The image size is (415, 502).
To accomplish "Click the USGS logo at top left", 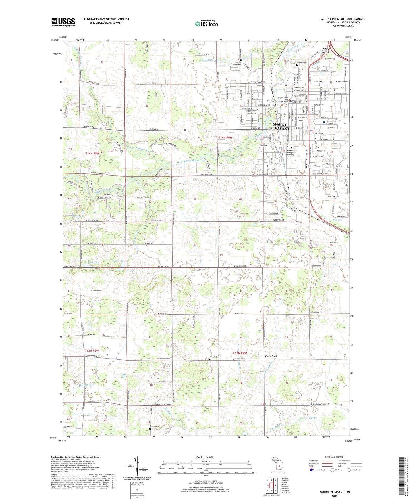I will [x=63, y=22].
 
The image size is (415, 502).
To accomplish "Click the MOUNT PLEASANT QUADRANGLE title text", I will [x=343, y=19].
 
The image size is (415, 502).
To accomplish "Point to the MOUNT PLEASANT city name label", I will [x=280, y=127].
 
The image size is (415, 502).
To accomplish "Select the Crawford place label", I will [x=271, y=356].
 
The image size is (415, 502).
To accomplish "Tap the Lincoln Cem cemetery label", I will [x=215, y=357].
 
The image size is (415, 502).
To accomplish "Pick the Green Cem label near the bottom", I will [x=155, y=426].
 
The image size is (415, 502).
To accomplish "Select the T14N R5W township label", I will [x=92, y=154].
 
